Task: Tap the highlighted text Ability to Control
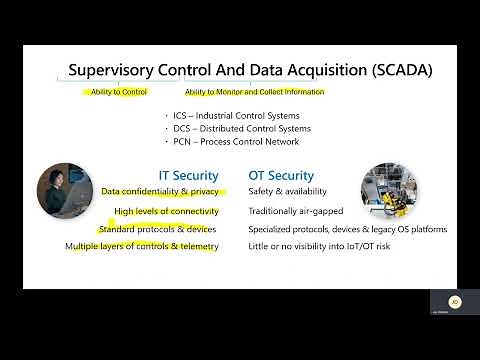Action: click(119, 92)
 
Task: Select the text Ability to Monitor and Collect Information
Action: click(254, 92)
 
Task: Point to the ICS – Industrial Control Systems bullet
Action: click(236, 115)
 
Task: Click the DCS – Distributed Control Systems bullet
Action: click(236, 128)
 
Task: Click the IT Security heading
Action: click(188, 175)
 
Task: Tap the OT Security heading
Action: click(281, 175)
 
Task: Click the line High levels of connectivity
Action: click(166, 211)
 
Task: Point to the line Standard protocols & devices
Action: click(158, 229)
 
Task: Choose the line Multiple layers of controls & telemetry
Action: click(141, 246)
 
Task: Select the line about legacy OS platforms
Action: click(347, 229)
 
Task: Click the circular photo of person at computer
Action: click(67, 192)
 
